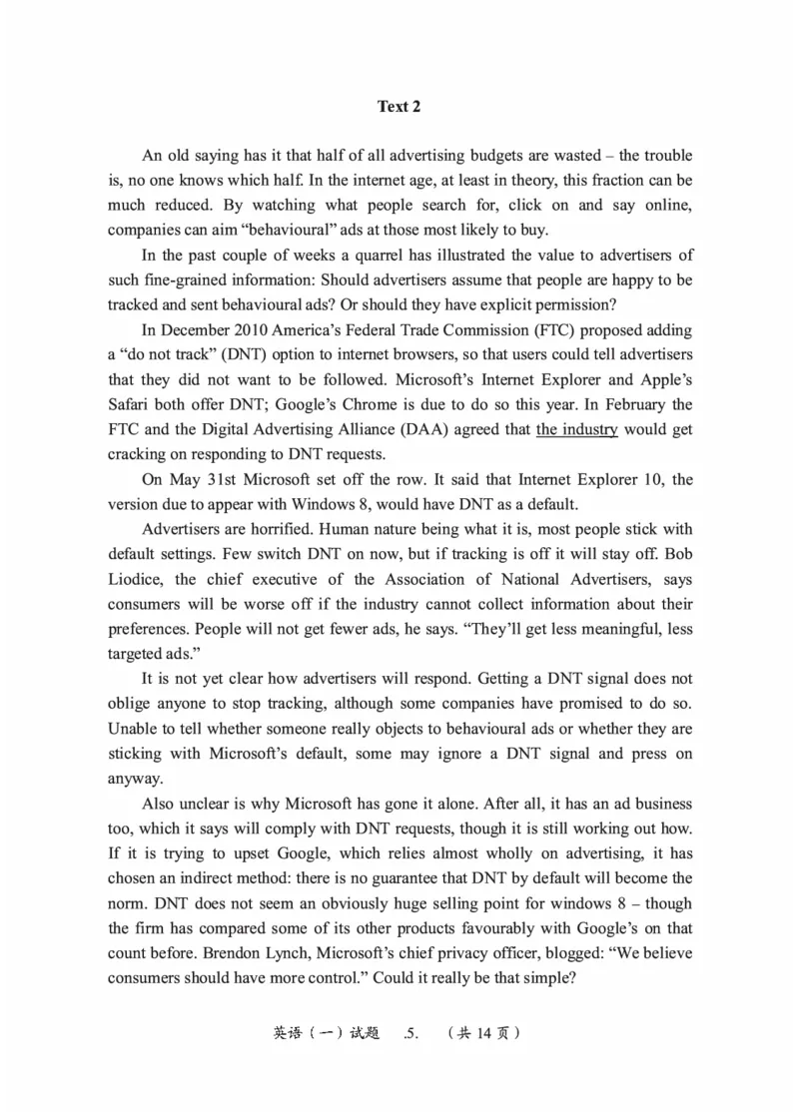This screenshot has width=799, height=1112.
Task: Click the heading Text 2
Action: point(399,107)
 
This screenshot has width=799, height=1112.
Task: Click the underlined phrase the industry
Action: point(577,429)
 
